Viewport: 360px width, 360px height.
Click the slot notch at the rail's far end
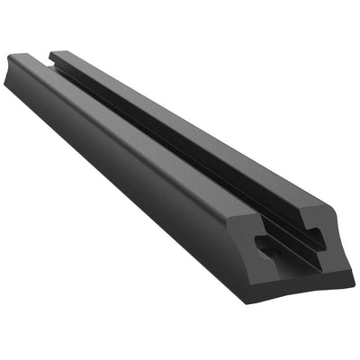pyautogui.click(x=45, y=59)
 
